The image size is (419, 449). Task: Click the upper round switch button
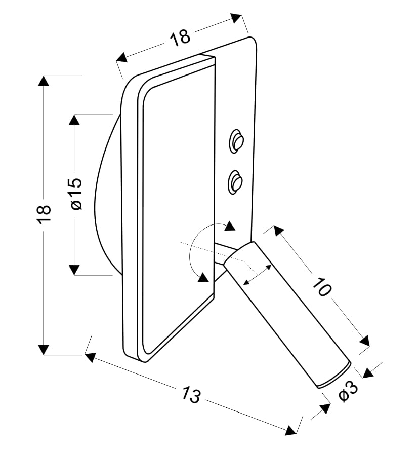236,141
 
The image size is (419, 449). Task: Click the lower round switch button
235,181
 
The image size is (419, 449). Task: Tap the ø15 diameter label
76,194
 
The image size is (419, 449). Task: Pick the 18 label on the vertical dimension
44,214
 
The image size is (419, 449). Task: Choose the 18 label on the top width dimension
180,37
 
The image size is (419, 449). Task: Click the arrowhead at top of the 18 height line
44,81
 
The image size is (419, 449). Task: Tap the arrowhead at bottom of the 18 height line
44,349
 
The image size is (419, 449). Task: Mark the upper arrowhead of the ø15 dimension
74,120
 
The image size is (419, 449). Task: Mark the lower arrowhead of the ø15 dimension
74,270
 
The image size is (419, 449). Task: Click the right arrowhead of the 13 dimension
290,431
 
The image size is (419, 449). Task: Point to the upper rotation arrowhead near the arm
230,226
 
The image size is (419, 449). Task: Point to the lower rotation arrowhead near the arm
203,277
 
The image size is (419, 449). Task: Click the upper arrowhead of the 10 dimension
278,231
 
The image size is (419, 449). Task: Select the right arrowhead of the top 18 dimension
236,18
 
